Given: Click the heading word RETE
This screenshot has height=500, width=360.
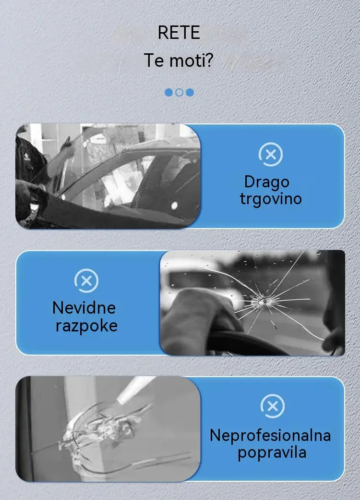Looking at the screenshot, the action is (x=179, y=33).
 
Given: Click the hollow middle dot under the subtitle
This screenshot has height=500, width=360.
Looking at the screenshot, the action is (x=180, y=93).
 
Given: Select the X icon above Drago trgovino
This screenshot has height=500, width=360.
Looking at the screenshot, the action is (x=270, y=155).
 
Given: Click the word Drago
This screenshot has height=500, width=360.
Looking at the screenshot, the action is (x=267, y=182).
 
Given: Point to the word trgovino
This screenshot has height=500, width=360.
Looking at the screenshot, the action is (x=270, y=199).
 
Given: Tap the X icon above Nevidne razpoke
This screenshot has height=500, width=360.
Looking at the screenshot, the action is (x=86, y=280).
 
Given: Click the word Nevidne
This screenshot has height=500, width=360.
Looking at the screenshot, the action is (x=84, y=308).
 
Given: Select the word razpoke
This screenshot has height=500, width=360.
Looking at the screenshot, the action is (x=87, y=326).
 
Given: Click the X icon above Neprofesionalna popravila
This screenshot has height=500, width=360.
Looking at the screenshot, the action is (x=272, y=406).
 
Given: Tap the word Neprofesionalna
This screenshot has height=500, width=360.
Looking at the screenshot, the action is (x=270, y=435).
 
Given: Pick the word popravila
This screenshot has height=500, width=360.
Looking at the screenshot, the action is (x=272, y=452).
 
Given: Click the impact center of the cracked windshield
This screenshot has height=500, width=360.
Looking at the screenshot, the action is (x=264, y=301).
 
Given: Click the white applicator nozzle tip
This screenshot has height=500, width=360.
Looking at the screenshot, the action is (x=121, y=401).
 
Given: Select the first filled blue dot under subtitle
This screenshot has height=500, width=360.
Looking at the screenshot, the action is (x=168, y=93).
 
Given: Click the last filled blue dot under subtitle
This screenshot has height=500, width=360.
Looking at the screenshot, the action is (x=190, y=93).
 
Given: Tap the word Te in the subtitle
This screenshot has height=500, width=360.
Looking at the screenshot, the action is (x=154, y=60).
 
